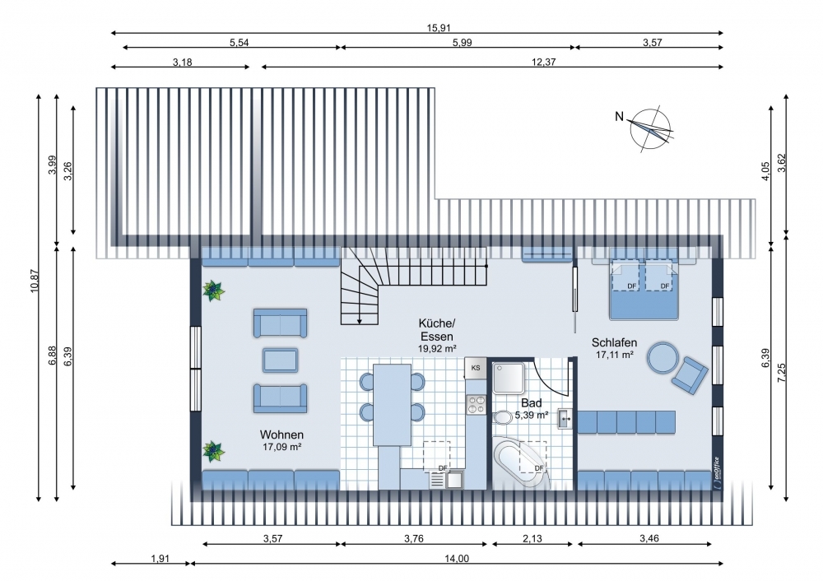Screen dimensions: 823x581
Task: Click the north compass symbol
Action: coord(651,129)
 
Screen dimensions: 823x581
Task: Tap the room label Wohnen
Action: coord(281,435)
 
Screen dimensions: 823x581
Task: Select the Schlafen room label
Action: coord(614,342)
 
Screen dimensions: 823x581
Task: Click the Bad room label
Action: coord(531,403)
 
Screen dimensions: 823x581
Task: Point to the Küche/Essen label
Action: coord(437,330)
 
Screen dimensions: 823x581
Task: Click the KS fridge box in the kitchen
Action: coord(476,368)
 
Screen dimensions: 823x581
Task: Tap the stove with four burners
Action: coord(477,405)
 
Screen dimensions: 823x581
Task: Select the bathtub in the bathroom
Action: coord(522,465)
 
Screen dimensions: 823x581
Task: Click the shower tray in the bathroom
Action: coord(508,378)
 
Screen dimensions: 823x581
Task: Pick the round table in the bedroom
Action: coord(663,358)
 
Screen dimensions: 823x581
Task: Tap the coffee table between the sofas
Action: coord(281,360)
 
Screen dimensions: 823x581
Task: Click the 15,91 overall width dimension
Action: coord(439,28)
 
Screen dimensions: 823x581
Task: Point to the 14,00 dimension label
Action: coord(457,559)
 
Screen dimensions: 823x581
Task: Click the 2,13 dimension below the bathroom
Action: coord(532,538)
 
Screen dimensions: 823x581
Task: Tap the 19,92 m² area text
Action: coord(437,348)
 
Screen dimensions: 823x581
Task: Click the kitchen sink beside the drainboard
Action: coord(454,480)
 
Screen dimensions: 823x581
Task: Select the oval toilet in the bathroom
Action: coord(504,418)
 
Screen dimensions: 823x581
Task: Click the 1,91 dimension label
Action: coord(160,559)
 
